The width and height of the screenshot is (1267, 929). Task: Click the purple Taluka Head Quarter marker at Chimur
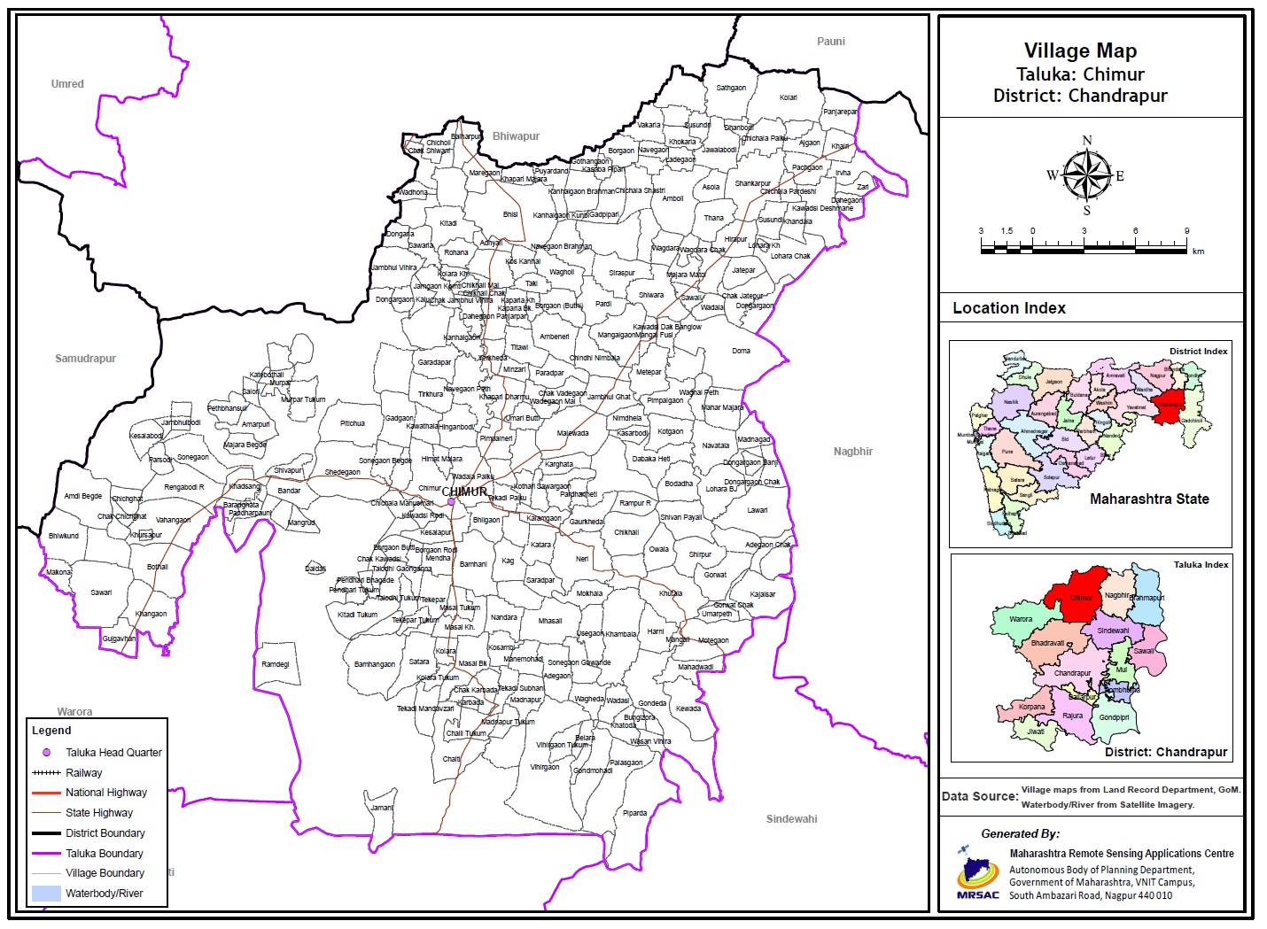[451, 502]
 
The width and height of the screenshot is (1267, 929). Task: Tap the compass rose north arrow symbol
[1086, 174]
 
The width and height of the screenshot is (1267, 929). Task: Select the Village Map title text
[1080, 51]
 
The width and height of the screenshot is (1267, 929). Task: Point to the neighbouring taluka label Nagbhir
[852, 452]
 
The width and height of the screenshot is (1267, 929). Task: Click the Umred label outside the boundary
[67, 84]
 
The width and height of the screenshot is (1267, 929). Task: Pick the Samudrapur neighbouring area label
[85, 359]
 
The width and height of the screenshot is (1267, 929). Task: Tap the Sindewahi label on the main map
[791, 819]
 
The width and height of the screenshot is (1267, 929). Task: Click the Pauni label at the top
[830, 42]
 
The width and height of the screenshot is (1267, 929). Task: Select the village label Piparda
[634, 813]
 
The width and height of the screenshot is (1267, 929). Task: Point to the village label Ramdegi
[276, 664]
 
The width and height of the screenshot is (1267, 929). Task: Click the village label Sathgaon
[731, 89]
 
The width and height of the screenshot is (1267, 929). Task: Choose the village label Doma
[741, 351]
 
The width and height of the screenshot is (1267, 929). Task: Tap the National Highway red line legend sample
[45, 793]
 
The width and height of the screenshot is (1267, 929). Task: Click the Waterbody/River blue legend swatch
[45, 894]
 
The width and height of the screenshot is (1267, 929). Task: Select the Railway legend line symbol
[45, 773]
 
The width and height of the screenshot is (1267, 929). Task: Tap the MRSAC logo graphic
[976, 873]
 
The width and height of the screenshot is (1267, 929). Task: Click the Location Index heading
[1009, 308]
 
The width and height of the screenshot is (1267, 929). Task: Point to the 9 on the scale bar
[1186, 231]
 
